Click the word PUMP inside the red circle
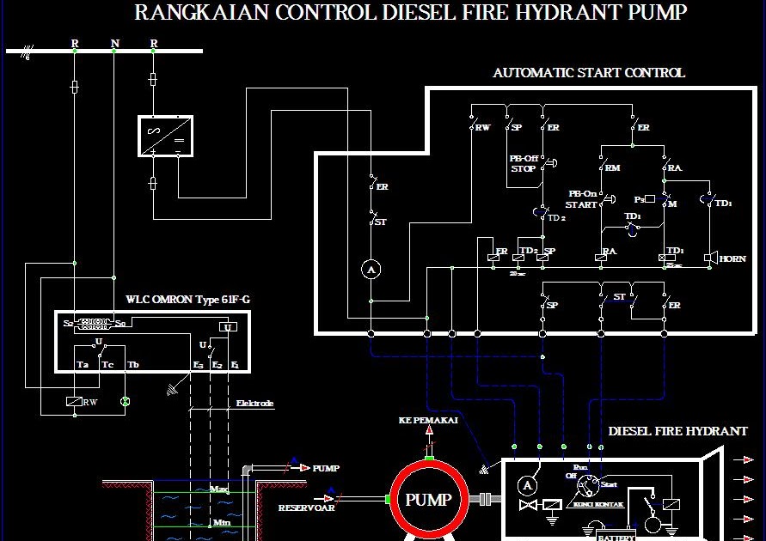[427, 500]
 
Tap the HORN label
[732, 258]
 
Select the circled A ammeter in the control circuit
[371, 270]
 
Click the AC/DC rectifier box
[165, 136]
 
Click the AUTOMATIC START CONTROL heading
[588, 73]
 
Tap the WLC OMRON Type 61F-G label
[188, 300]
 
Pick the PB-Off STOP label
[523, 164]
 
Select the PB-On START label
[582, 199]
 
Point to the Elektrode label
[255, 402]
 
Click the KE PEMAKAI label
[428, 421]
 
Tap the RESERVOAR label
[305, 508]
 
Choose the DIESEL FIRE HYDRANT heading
[677, 431]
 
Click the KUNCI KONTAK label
[591, 505]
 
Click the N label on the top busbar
[115, 43]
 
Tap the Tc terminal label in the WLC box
[107, 365]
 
